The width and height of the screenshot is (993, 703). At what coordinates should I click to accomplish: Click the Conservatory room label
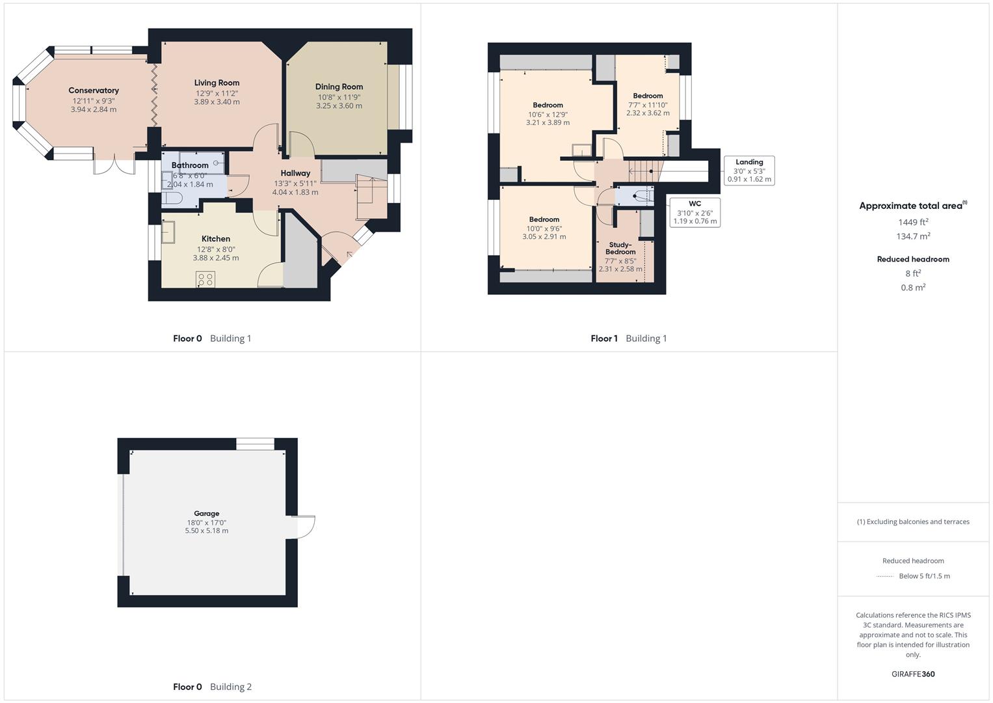pos(94,90)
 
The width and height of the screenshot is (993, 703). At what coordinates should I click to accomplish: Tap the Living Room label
pos(217,83)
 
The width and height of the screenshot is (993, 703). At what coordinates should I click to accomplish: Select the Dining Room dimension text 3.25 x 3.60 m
pos(339,106)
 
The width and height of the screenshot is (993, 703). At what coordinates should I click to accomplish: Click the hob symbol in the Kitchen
pos(205,280)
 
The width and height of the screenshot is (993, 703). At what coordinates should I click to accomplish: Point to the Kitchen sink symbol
pos(168,232)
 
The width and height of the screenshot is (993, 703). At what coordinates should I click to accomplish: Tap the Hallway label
pos(295,173)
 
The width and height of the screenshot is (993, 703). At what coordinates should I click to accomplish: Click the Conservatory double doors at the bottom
pos(114,165)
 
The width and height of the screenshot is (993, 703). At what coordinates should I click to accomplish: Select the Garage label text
pos(206,514)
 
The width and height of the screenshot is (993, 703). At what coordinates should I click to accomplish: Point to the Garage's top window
pos(255,444)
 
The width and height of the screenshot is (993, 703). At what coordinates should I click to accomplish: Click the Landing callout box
pos(749,171)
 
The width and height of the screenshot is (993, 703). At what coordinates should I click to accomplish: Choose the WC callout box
pos(695,212)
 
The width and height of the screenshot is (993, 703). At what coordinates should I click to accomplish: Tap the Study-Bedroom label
pos(620,248)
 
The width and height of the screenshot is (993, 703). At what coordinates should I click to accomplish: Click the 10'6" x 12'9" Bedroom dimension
pos(548,114)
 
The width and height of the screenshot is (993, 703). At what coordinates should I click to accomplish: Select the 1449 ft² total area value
pos(913,222)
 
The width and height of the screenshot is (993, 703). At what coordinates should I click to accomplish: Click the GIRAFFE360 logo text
pos(913,674)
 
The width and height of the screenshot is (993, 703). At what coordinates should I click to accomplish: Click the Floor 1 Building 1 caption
pos(628,338)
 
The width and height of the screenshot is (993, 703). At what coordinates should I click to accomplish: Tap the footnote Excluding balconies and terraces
pos(913,521)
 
